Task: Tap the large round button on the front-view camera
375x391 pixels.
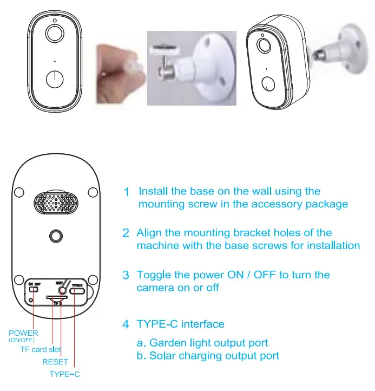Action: (55, 80)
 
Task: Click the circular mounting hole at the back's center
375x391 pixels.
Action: (55, 236)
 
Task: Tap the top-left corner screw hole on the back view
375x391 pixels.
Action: (18, 192)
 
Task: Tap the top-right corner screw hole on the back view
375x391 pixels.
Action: (93, 192)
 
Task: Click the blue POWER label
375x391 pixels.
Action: (23, 333)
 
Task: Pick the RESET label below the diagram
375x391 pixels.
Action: (55, 362)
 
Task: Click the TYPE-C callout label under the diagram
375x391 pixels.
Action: (64, 374)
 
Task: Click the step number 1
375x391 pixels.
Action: (126, 192)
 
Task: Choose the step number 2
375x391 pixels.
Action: (126, 233)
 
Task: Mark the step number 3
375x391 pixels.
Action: (126, 276)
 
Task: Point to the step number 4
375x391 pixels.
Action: (126, 325)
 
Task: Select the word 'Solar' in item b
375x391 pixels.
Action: (162, 356)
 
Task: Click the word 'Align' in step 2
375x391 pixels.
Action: (148, 233)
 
